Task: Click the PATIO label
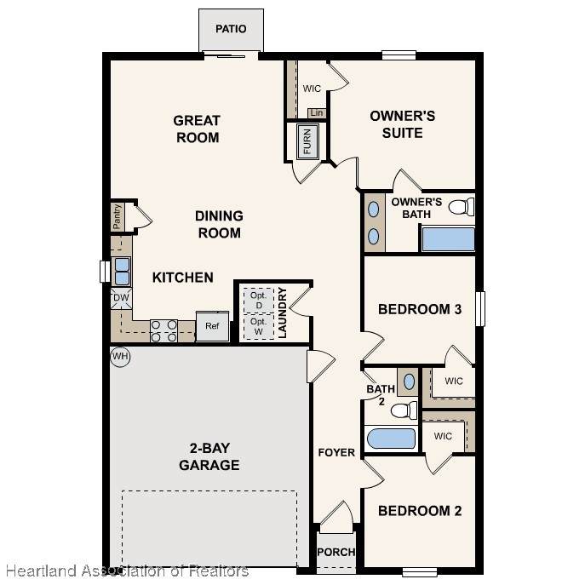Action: coord(231,29)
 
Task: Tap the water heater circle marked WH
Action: coord(120,357)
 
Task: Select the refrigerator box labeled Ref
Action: coord(212,326)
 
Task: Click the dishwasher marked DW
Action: coord(121,298)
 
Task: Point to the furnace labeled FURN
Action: coord(307,141)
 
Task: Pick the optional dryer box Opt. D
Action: coord(259,301)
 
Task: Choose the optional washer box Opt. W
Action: coord(259,326)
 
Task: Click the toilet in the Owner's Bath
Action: coord(462,207)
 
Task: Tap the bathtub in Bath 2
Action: coord(391,439)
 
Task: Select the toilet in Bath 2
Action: coord(404,410)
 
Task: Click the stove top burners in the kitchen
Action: coord(163,331)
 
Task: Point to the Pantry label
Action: coord(117,217)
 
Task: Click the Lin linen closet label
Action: coord(317,112)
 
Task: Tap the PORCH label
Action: coord(336,552)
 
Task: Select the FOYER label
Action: coord(336,452)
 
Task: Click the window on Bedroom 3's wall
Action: coord(480,309)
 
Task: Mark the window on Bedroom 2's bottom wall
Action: coord(420,571)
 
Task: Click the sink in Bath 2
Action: coord(409,381)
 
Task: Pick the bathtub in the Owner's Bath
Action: coord(448,238)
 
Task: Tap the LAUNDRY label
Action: coord(283,313)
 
